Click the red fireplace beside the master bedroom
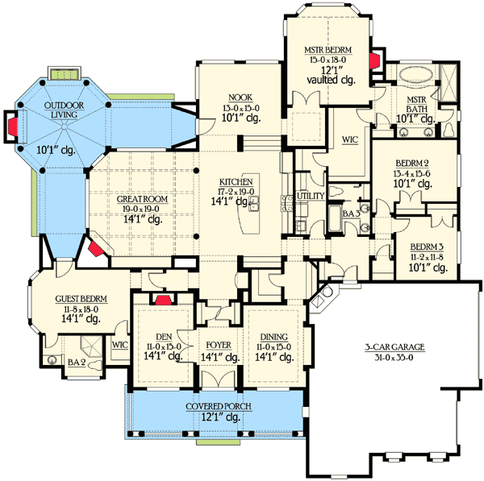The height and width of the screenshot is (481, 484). coord(374,62)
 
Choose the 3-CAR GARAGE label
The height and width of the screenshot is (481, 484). coord(394,348)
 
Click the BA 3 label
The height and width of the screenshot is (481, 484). coord(350,214)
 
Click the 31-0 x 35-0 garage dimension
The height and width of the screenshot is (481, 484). coord(394,359)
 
